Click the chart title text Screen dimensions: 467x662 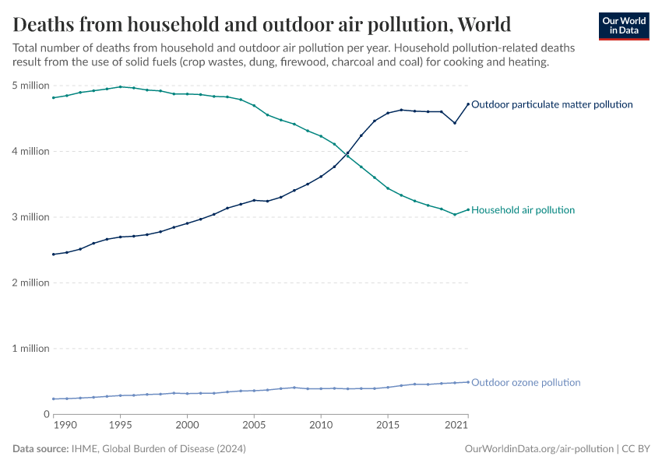pos(262,23)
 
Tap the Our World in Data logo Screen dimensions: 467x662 pos(624,26)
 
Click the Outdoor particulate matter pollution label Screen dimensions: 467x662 pos(552,104)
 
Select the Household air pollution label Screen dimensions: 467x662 pos(523,210)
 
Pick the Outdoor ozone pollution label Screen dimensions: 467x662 pos(526,383)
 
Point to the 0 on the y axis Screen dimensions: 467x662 pos(46,414)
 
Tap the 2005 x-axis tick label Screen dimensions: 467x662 pos(254,426)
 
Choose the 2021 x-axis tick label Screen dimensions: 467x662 pos(456,426)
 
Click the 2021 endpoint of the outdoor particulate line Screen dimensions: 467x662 pos(468,104)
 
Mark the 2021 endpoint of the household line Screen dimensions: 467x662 pos(468,209)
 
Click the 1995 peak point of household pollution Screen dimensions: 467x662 pos(120,86)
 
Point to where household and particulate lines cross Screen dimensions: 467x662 pos(347,154)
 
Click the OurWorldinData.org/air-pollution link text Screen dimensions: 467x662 pos(538,449)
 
